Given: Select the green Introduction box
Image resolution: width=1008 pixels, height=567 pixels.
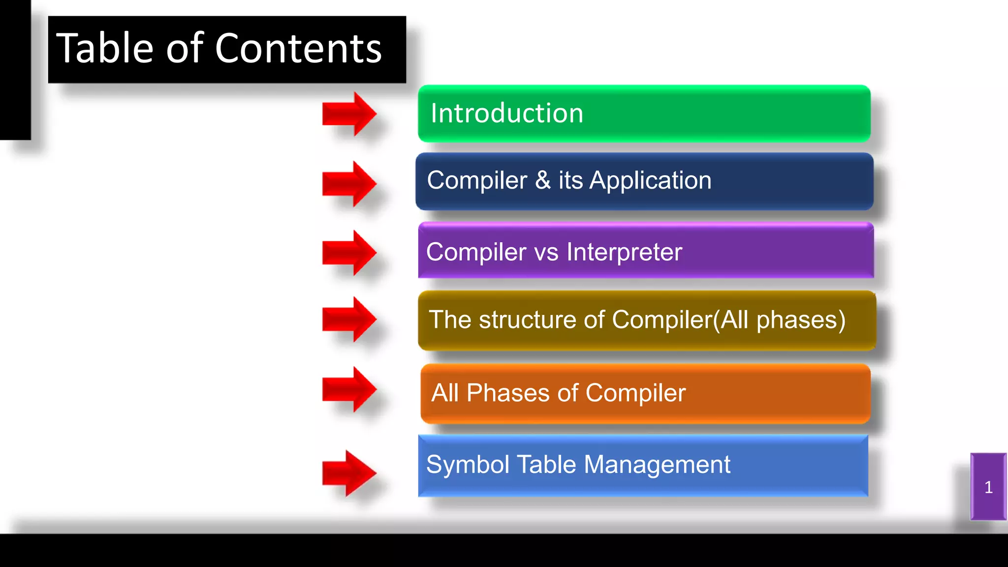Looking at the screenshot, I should coord(644,114).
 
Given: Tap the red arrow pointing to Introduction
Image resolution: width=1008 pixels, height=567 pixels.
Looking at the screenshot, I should coord(349,114).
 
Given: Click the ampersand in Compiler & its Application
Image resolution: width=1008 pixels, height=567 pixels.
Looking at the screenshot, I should coord(542,180).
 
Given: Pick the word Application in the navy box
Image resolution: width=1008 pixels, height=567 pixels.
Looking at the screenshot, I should coord(650,180).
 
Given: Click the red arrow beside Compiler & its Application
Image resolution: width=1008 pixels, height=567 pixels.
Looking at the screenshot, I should coord(349,184).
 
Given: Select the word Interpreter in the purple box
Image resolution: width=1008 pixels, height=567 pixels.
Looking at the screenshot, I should coord(624,252).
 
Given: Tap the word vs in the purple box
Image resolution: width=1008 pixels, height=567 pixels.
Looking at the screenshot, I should coord(546,252).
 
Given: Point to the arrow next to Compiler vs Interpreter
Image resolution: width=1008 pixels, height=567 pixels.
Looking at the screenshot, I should coord(349,252).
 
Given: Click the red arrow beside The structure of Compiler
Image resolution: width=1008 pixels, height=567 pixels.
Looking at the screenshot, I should coord(349,319).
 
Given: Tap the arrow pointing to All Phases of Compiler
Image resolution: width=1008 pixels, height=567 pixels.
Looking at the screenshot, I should coord(349,389).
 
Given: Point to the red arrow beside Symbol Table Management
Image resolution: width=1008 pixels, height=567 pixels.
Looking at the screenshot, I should coord(349,473).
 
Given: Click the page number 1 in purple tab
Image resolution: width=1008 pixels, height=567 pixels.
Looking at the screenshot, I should coord(988,487).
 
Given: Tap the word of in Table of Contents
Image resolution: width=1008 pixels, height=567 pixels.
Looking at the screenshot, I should coord(184,48).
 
